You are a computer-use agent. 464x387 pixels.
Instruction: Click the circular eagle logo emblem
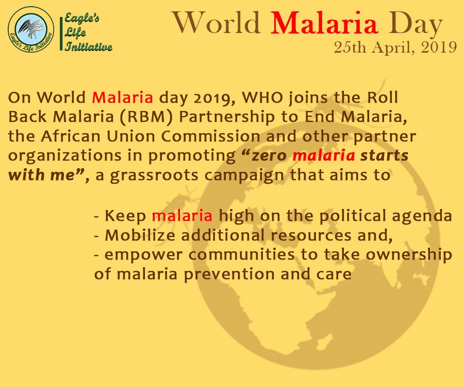pyautogui.click(x=31, y=29)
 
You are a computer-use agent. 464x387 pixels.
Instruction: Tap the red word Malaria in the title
pyautogui.click(x=324, y=23)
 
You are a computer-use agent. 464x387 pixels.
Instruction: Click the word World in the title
pyautogui.click(x=217, y=23)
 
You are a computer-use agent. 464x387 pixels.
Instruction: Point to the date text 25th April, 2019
pyautogui.click(x=395, y=47)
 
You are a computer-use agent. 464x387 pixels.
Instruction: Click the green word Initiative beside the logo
pyautogui.click(x=89, y=46)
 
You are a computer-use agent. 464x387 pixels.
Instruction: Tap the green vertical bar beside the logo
pyautogui.click(x=61, y=34)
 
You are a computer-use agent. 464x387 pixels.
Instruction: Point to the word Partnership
pyautogui.click(x=227, y=117)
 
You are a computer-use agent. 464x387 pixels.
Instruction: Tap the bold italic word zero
pyautogui.click(x=270, y=156)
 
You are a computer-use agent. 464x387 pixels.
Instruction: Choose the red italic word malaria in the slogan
pyautogui.click(x=324, y=155)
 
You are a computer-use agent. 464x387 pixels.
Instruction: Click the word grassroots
pyautogui.click(x=154, y=175)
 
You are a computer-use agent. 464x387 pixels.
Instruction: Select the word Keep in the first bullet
pyautogui.click(x=125, y=216)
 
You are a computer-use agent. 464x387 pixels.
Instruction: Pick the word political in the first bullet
pyautogui.click(x=352, y=216)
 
